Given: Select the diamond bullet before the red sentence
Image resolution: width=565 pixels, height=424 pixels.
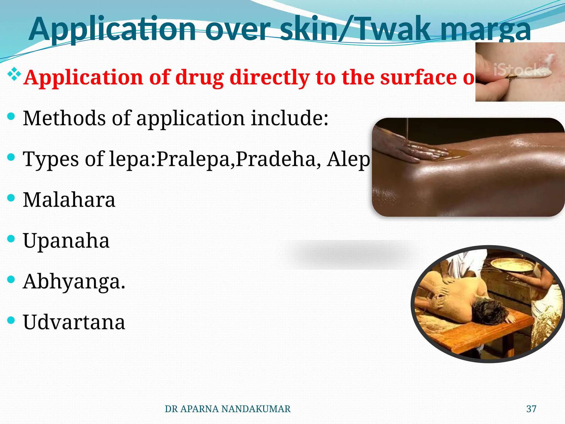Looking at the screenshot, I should point(14,74).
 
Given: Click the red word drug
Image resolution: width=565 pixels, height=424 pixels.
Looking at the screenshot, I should point(199,78).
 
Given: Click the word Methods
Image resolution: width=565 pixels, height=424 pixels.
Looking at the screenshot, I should point(64,118).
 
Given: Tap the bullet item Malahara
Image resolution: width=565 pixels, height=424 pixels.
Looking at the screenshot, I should point(69,200).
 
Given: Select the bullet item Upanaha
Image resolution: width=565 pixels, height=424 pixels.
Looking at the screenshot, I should point(66,241).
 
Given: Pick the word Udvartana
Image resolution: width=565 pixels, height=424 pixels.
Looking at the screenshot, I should point(74,322).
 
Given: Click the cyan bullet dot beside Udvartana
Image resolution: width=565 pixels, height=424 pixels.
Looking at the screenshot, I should point(11,320).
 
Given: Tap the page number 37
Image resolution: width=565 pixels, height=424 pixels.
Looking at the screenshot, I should point(531,409).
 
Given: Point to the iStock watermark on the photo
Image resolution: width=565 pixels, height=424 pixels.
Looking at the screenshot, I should point(519,70).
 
